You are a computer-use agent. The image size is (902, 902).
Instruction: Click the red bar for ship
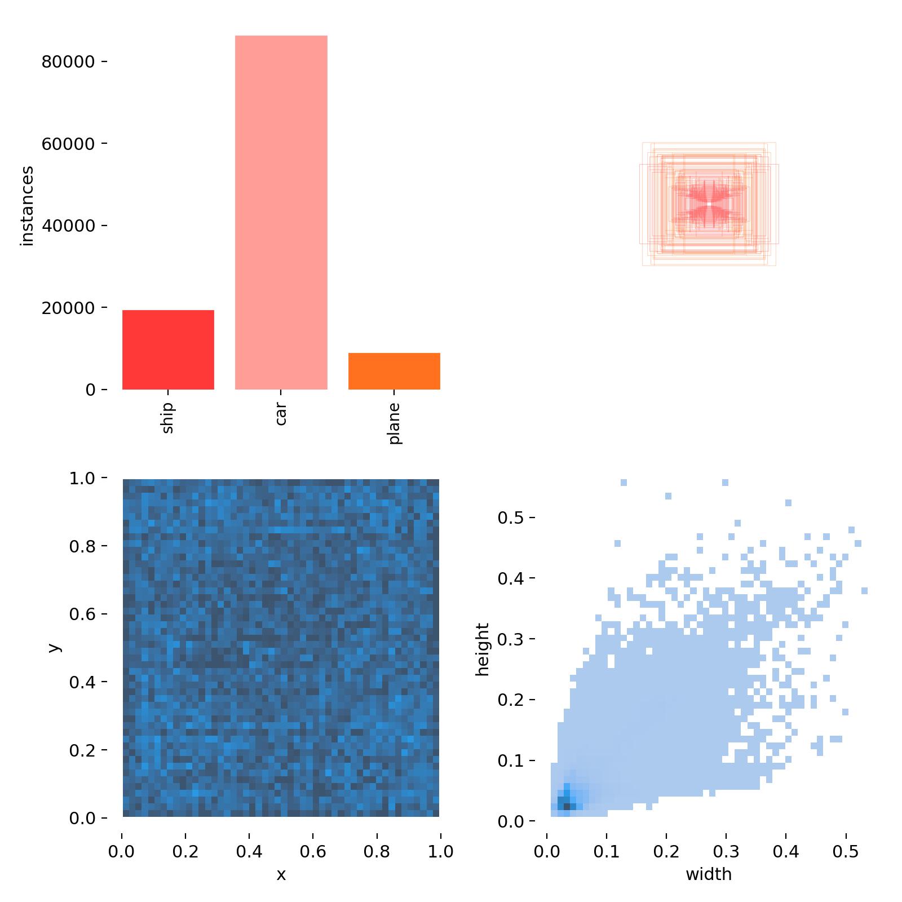click(168, 350)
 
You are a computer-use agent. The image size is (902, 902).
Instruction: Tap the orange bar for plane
click(394, 371)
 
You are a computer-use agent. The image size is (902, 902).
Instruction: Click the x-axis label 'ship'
click(168, 417)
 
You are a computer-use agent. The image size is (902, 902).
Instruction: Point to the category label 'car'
click(281, 413)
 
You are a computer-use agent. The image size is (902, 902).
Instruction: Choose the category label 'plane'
click(394, 423)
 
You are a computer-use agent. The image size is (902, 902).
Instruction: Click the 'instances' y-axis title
click(27, 206)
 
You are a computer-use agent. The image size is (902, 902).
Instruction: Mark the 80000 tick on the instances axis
click(68, 61)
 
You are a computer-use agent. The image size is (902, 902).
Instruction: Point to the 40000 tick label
click(68, 225)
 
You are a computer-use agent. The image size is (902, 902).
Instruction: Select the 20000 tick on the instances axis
click(68, 308)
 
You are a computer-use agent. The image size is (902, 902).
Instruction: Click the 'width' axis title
click(709, 874)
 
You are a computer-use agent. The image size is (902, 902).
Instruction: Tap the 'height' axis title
click(483, 649)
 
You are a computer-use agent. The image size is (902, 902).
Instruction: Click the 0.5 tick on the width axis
click(846, 851)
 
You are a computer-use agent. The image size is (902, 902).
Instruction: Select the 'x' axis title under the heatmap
click(281, 874)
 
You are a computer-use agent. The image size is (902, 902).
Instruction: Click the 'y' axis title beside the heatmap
click(54, 647)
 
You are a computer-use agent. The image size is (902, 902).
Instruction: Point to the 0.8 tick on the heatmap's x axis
click(377, 851)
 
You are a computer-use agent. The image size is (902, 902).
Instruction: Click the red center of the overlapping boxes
click(709, 204)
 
